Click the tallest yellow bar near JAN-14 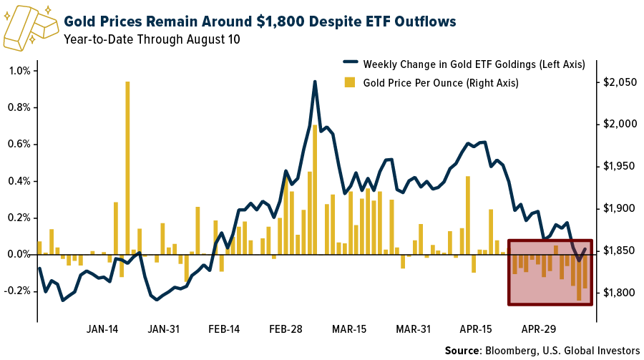[x=127, y=167]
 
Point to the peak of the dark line [x=315, y=82]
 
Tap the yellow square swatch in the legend [x=350, y=82]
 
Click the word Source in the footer [x=462, y=350]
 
